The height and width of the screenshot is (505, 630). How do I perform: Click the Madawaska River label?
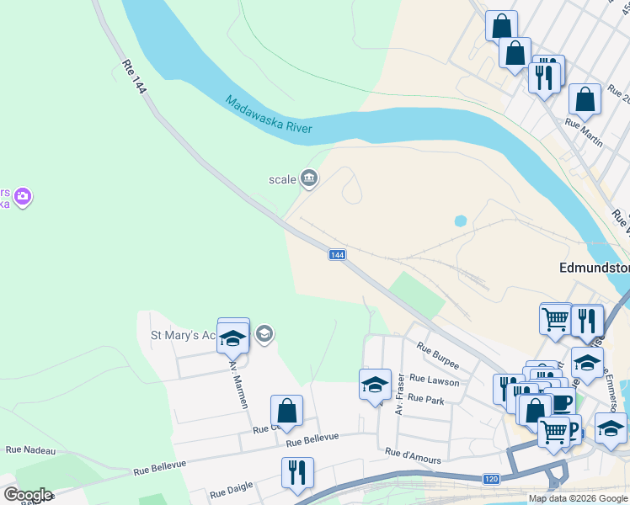tap(269, 114)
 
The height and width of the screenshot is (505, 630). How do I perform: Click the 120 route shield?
tap(491, 479)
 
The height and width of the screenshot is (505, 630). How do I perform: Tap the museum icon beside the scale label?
tap(309, 178)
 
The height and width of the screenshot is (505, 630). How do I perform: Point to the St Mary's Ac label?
tap(185, 335)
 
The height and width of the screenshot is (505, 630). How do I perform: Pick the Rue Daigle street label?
tap(230, 491)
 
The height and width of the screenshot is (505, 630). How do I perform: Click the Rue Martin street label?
tap(584, 133)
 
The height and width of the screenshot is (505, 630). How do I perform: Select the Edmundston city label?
tap(594, 268)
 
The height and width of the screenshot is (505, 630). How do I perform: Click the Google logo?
tap(27, 495)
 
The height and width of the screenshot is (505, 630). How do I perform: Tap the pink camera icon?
tap(23, 197)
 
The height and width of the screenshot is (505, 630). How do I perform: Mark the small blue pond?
tap(460, 221)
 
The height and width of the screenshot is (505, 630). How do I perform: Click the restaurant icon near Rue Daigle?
tap(297, 474)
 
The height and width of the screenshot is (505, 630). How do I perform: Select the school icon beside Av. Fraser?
tap(375, 385)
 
